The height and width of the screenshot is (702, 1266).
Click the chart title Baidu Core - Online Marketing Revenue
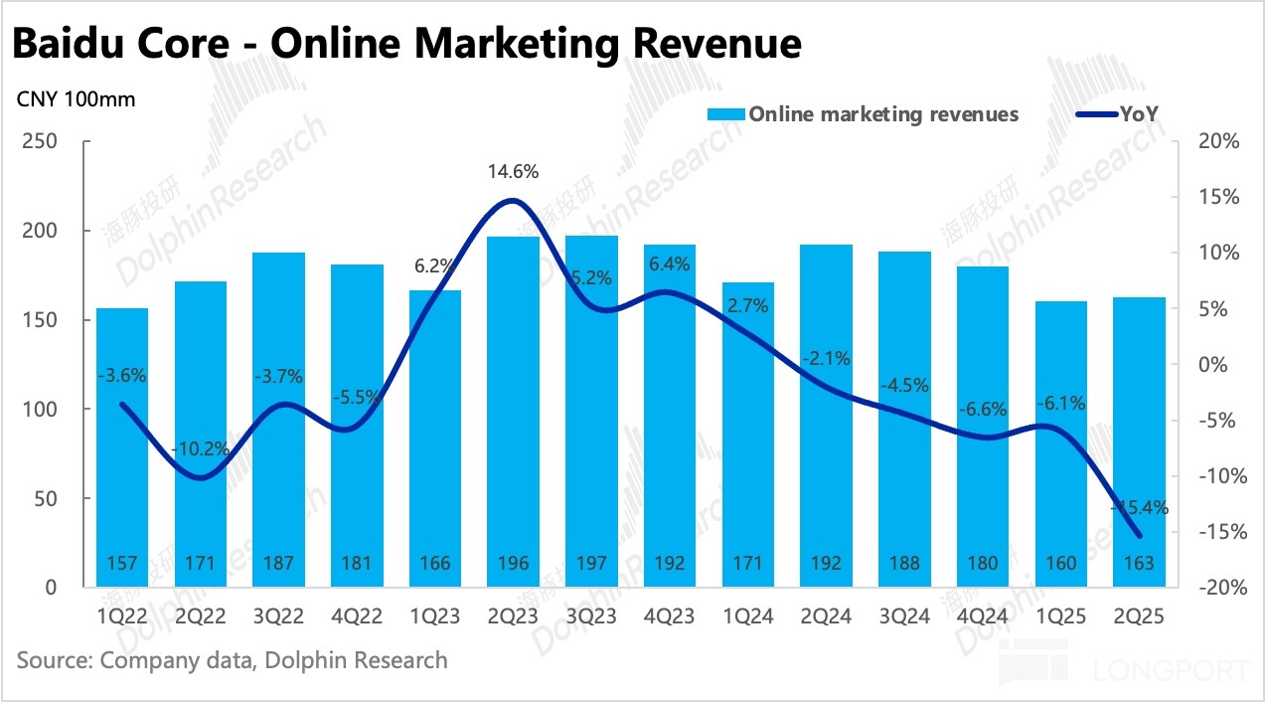point(407,44)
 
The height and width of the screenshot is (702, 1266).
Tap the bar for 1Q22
point(122,447)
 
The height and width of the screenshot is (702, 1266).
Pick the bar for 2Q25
point(1138,442)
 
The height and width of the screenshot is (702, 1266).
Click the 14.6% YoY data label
point(514,172)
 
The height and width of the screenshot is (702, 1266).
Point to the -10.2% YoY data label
point(202,448)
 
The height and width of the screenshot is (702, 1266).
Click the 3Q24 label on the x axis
point(905,616)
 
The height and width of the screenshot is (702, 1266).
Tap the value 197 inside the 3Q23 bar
point(592,564)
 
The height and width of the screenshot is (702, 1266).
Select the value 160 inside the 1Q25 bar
point(1060,564)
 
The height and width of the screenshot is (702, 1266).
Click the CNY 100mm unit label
point(76,99)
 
